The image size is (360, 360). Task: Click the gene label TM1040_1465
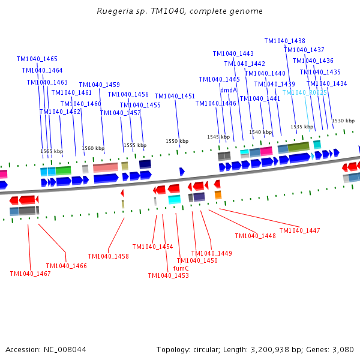pos(37,59)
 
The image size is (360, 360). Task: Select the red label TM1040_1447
pos(299,230)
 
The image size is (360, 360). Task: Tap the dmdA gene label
pos(229,90)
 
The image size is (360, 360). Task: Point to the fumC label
pos(181,268)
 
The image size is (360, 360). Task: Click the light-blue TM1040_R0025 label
pos(304,92)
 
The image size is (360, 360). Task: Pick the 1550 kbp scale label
pos(177,141)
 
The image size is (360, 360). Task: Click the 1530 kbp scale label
pos(343,121)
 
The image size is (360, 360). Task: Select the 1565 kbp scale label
pos(52,151)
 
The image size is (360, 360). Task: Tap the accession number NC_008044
pos(65,350)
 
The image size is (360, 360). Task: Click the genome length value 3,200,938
pos(270,350)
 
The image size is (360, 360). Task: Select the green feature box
pos(63,170)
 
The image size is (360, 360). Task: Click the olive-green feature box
pos(298,147)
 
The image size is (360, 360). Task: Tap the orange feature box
pos(218,194)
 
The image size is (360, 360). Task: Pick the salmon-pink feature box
pos(106,167)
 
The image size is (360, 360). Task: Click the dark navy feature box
pos(145,164)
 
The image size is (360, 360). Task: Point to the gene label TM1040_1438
pos(284,41)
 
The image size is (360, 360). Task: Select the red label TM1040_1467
pos(31,274)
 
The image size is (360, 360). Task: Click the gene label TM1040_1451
pos(175,96)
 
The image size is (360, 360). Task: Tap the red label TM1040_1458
pos(109,256)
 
